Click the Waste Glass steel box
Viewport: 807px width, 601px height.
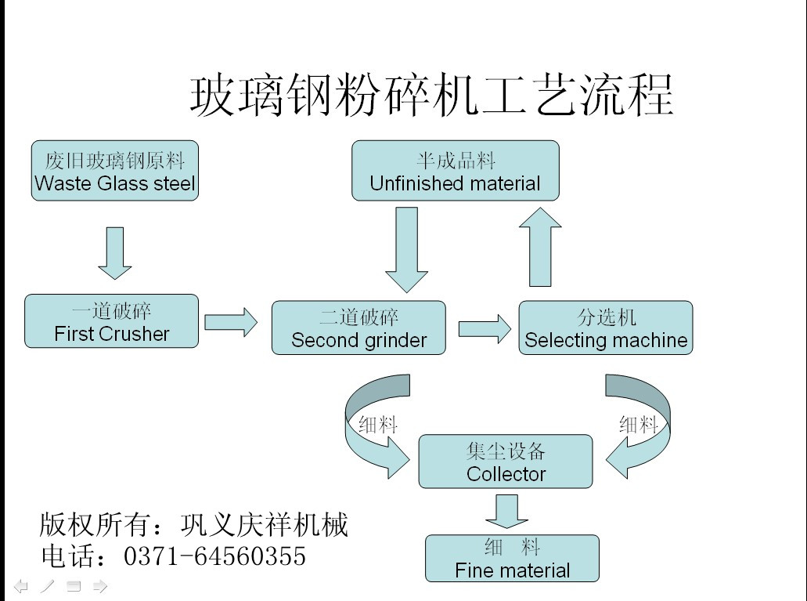click(x=115, y=171)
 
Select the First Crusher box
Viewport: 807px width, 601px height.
click(x=112, y=321)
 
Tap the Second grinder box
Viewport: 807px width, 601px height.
click(x=358, y=328)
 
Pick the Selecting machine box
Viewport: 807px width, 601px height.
click(x=606, y=328)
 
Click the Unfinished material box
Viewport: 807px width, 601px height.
click(x=456, y=171)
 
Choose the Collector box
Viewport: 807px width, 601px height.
click(x=506, y=462)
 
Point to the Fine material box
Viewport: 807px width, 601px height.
click(x=512, y=558)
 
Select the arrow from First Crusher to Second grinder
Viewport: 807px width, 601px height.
click(x=231, y=321)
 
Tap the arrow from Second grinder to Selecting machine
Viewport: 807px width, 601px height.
click(x=484, y=328)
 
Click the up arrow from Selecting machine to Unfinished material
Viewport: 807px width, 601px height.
click(x=540, y=247)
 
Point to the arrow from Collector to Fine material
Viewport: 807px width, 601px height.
click(x=506, y=510)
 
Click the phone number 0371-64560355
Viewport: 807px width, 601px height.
click(x=215, y=556)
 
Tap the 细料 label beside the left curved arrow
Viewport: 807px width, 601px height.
click(x=379, y=425)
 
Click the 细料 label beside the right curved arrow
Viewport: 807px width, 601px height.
click(x=639, y=425)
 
